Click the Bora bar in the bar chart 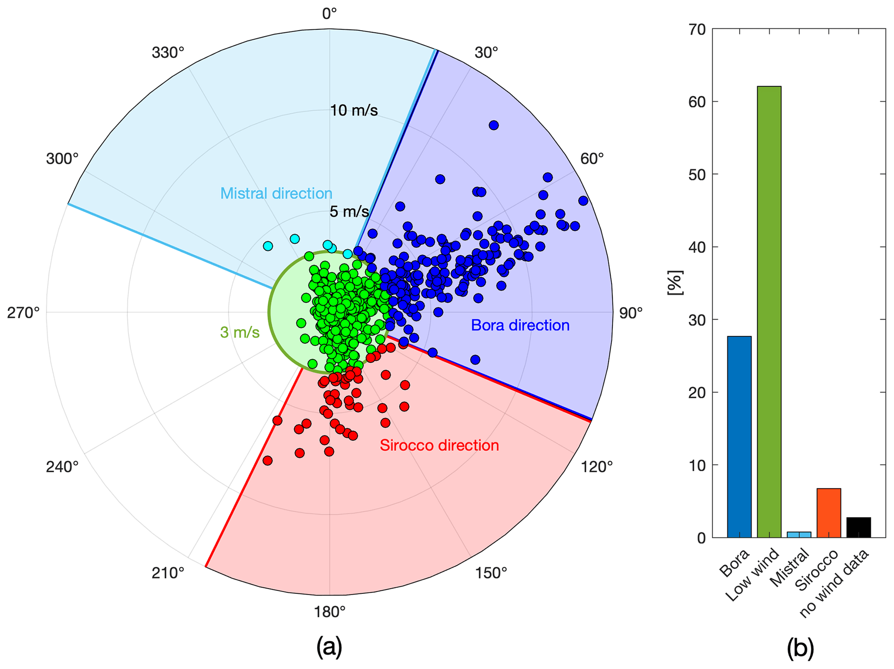coord(739,436)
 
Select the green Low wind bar coord(769,311)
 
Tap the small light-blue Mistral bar coord(798,535)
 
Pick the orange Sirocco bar coord(828,512)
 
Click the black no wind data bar coord(858,527)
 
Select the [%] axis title coord(675,283)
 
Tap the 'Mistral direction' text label coord(276,193)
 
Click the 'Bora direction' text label coord(520,325)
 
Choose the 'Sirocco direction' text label coord(439,445)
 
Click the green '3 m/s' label coord(240,332)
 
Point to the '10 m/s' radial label coord(354,111)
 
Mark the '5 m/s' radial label coord(349,211)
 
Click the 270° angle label coord(23,313)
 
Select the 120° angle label coord(597,467)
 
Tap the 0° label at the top coord(329,14)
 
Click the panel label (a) coord(329,647)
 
